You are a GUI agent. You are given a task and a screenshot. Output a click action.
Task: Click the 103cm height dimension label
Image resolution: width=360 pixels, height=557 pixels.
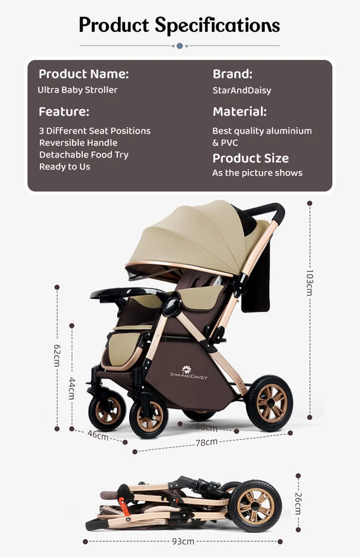309,283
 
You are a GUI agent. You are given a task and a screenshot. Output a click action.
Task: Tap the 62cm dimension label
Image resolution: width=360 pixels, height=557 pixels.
57,355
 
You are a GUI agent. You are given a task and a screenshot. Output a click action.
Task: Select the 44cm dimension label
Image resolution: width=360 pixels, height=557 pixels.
72,388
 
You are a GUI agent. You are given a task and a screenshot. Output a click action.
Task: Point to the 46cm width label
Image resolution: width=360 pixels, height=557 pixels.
98,435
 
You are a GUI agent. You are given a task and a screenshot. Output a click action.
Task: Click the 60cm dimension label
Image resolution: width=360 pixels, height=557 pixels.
207,427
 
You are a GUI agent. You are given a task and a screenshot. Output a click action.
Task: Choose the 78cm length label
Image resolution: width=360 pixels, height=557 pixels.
207,442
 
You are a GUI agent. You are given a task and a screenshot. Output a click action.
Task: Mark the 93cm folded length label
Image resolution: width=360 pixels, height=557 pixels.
183,541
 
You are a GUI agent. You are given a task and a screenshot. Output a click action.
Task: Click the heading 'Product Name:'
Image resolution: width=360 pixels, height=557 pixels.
84,74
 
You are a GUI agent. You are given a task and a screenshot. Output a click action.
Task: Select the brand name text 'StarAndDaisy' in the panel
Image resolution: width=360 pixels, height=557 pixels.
242,90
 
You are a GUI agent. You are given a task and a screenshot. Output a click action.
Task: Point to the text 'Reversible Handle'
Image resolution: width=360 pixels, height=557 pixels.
78,143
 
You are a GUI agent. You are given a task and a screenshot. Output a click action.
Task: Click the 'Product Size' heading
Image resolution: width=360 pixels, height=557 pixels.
251,158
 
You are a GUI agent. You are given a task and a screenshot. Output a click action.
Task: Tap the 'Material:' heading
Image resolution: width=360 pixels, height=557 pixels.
239,111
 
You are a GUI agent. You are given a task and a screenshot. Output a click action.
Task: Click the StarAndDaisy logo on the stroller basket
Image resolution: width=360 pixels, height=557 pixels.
189,373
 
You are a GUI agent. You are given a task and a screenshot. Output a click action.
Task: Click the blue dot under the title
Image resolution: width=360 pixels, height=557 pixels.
180,46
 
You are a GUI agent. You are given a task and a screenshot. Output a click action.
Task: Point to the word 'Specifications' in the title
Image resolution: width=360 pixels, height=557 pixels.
217,25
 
